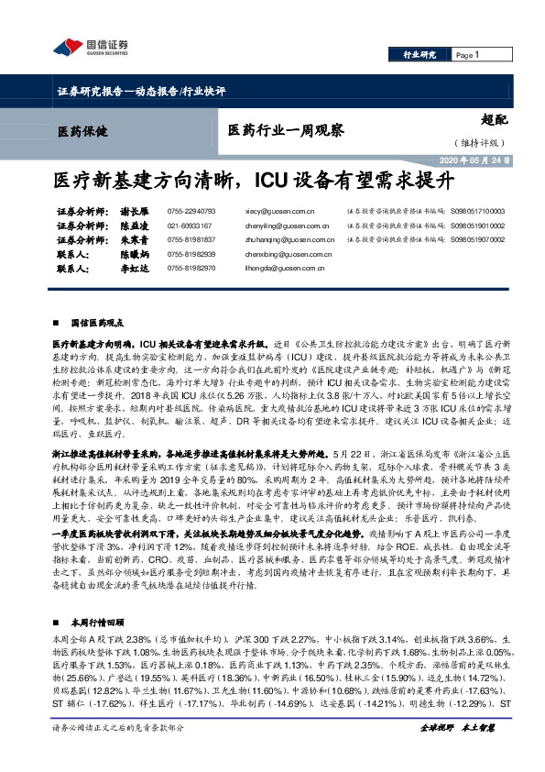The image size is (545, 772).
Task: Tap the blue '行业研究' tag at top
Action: pos(420,55)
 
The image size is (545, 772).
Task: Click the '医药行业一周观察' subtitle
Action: pos(286,131)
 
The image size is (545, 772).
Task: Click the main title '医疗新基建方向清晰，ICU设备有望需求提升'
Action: pos(272,177)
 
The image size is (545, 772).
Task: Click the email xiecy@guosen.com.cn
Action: pos(276,210)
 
